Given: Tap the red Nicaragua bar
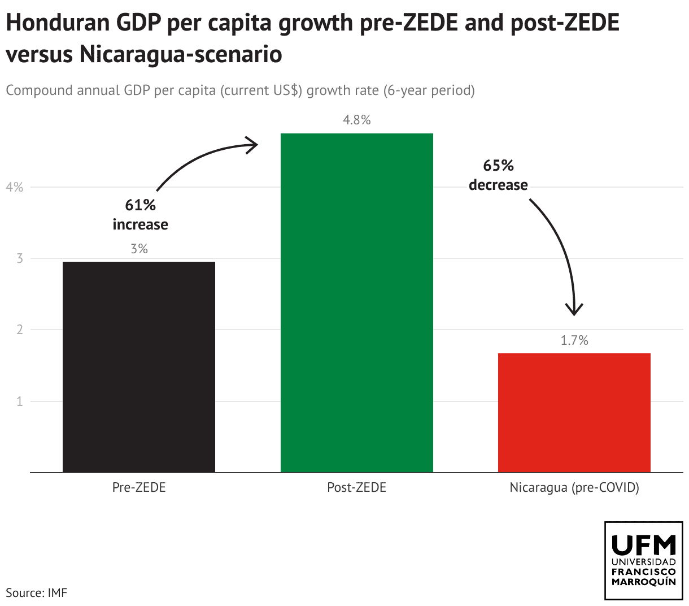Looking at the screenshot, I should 574,413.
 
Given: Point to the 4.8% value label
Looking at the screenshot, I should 356,120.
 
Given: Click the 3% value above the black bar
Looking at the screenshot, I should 139,249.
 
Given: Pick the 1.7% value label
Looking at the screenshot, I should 574,340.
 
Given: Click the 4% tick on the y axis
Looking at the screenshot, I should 15,187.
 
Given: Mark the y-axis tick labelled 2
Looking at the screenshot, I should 20,330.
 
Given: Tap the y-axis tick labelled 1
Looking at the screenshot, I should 20,401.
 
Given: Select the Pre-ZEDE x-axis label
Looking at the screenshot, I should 139,487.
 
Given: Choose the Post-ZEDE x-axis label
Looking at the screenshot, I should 356,487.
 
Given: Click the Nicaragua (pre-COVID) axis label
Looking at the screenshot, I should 574,487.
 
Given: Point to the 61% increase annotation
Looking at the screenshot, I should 140,215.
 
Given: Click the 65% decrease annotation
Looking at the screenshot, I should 498,175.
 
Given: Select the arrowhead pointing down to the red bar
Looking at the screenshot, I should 575,310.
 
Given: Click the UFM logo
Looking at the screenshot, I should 643,560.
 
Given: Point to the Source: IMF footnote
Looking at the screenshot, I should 36,593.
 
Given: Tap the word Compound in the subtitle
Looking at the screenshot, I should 40,90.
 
